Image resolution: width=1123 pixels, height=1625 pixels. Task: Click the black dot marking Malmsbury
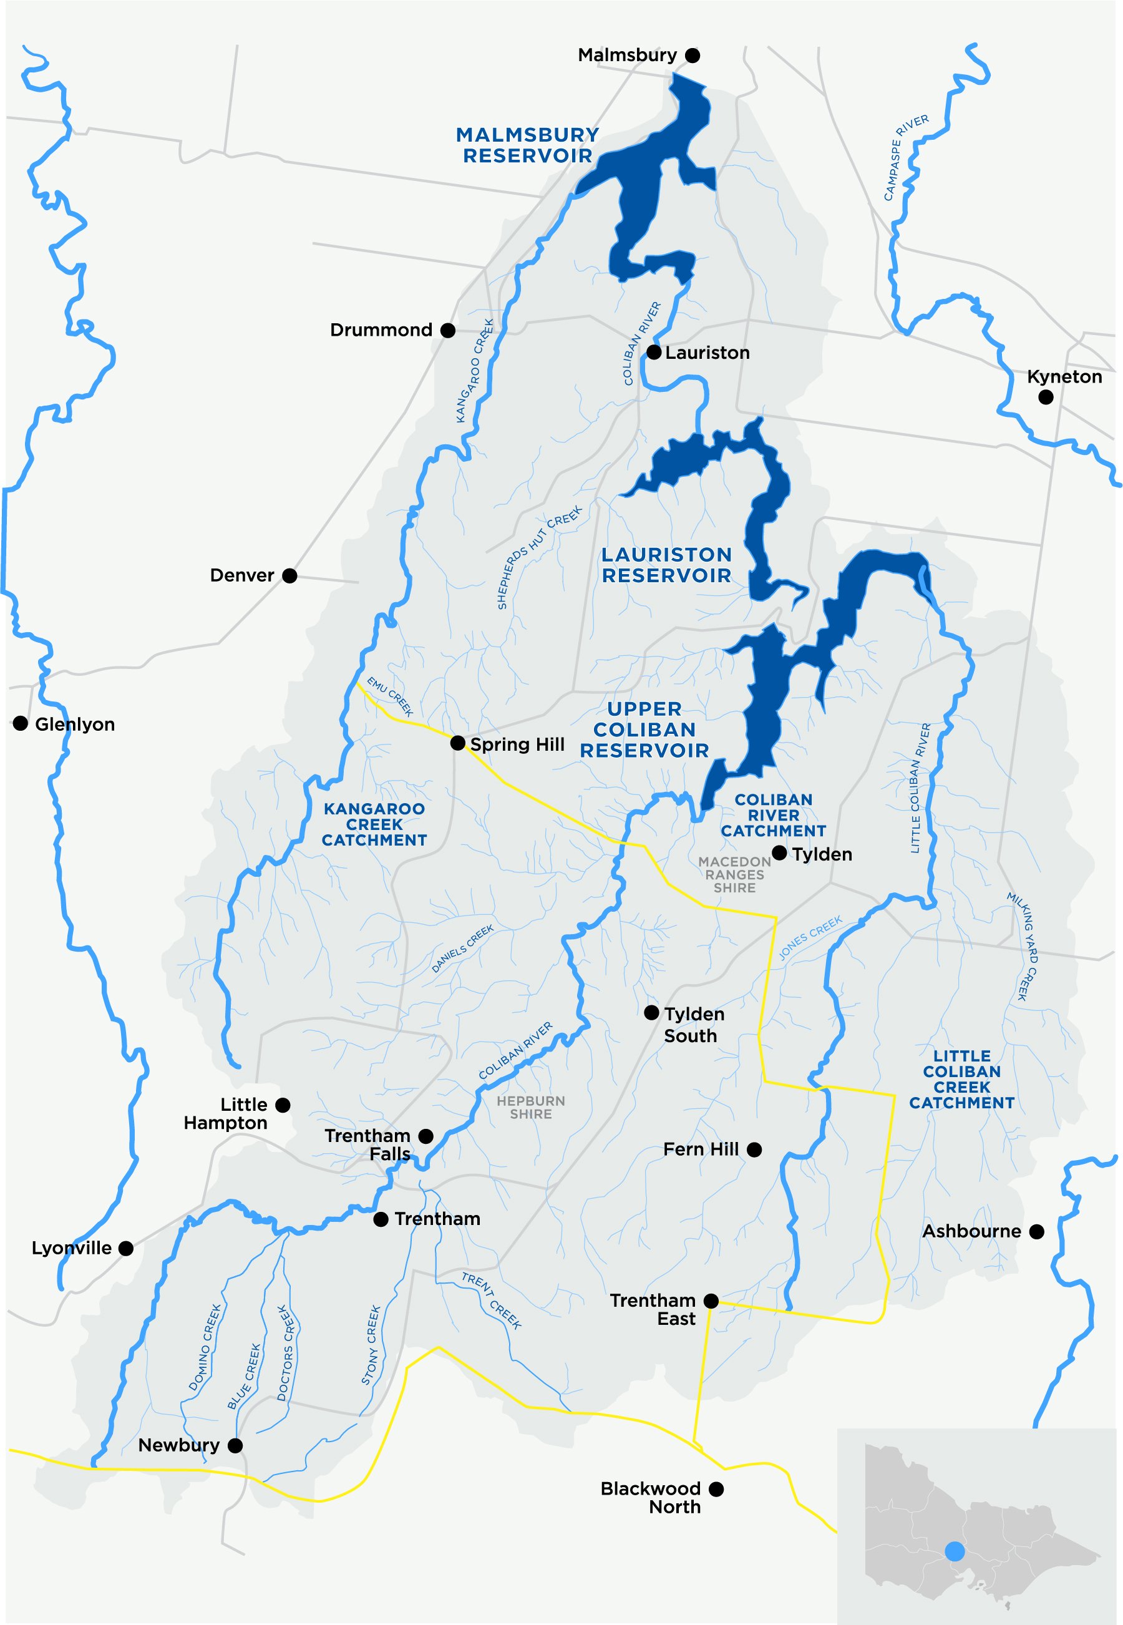[x=693, y=56]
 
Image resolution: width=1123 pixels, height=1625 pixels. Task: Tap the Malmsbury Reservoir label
[x=527, y=145]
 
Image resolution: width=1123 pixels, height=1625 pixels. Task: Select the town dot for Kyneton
[x=1046, y=397]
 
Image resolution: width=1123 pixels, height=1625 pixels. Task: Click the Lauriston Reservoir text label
[x=666, y=565]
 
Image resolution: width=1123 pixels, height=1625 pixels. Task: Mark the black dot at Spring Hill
[x=457, y=743]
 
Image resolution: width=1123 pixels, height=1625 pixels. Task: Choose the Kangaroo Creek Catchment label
[x=374, y=824]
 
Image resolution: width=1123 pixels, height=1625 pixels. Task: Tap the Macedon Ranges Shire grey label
[x=734, y=874]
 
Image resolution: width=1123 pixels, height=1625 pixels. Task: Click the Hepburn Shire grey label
[x=530, y=1107]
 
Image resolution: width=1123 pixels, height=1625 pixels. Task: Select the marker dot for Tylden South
[x=651, y=1013]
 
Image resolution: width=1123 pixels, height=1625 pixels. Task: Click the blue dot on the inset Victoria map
[x=954, y=1551]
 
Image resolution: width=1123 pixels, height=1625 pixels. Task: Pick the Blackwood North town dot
[x=716, y=1489]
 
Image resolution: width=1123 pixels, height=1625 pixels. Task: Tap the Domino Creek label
[x=205, y=1347]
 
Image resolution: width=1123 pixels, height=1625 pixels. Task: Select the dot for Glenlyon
[x=21, y=723]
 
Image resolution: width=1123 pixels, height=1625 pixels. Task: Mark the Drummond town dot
[x=447, y=330]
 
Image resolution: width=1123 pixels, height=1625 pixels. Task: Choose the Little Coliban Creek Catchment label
[x=961, y=1079]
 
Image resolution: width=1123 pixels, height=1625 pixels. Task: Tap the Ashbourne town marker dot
[x=1036, y=1232]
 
